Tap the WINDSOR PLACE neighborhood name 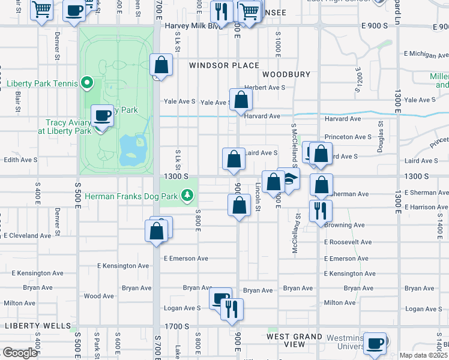tap(224, 65)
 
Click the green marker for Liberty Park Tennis tap(87, 83)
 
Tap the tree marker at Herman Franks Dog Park tap(187, 195)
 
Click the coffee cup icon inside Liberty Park tap(101, 115)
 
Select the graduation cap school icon tap(289, 178)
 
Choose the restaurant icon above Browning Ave tap(321, 210)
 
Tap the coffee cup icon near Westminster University tap(375, 343)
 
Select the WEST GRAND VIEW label tap(294, 341)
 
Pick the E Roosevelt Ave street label tap(348, 242)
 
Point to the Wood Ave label tap(98, 296)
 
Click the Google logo tap(20, 353)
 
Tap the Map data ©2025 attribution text tap(423, 355)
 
